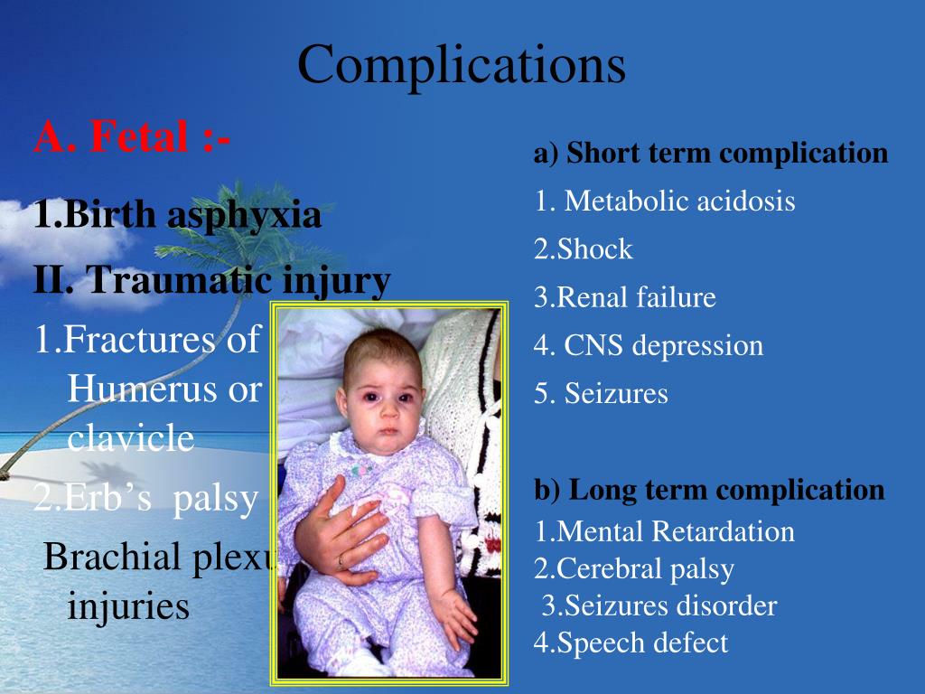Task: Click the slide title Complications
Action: (x=462, y=66)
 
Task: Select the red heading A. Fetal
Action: (x=132, y=138)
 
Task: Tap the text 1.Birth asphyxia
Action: (x=177, y=216)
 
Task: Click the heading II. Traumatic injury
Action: (x=211, y=280)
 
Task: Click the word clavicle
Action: (x=130, y=438)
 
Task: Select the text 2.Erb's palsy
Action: (x=145, y=499)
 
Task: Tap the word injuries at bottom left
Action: (x=128, y=606)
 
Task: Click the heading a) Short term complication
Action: (x=711, y=154)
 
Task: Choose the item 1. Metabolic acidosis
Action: (x=664, y=201)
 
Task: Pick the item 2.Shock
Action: (x=583, y=249)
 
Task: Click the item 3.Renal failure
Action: (x=624, y=297)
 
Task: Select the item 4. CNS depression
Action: (x=648, y=345)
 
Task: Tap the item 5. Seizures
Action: (x=601, y=394)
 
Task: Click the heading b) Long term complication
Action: (x=709, y=490)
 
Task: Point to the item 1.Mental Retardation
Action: (x=664, y=531)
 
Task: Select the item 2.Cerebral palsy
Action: (x=633, y=569)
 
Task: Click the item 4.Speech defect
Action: (x=630, y=642)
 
